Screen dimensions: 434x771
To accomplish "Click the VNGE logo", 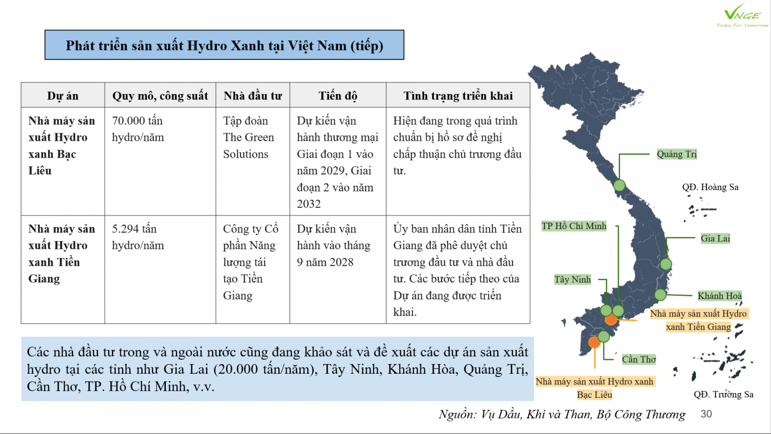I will (742, 17).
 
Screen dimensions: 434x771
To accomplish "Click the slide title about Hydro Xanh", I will (224, 45).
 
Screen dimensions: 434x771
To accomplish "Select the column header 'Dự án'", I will (63, 95).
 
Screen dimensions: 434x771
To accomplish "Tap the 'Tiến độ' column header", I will (337, 95).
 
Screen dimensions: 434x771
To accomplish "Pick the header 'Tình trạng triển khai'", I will (458, 95).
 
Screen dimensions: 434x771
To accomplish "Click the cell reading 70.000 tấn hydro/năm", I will (138, 129).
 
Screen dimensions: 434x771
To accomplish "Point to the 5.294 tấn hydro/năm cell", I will (138, 237).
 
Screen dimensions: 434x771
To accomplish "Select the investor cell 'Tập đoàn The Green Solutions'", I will (248, 137).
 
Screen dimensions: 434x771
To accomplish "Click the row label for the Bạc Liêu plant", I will (62, 146).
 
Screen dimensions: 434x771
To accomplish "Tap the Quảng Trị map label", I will (677, 154).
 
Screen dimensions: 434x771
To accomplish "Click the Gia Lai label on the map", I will (715, 238).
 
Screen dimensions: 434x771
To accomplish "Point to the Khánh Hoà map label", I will (719, 296).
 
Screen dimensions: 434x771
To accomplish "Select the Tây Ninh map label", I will (572, 280).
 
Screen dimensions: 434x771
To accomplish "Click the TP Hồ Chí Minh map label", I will (573, 226).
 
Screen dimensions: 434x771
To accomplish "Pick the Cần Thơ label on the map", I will (638, 359).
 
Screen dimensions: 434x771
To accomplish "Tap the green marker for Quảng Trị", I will (619, 185).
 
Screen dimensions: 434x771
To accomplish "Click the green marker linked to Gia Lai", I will (666, 264).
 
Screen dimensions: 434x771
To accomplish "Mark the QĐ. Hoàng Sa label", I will (710, 187).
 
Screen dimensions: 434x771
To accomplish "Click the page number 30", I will (706, 414).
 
